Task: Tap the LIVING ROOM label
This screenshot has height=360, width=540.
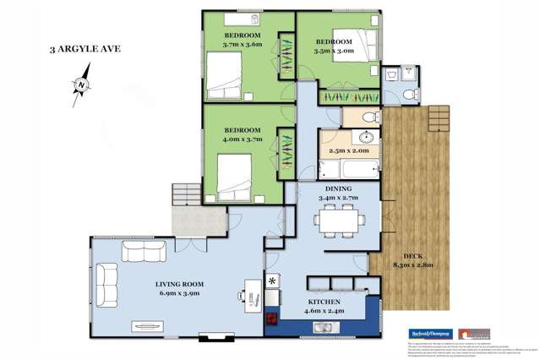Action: point(168,286)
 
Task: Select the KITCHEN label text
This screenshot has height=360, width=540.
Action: point(325,303)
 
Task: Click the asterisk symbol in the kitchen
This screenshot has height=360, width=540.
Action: point(273,281)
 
